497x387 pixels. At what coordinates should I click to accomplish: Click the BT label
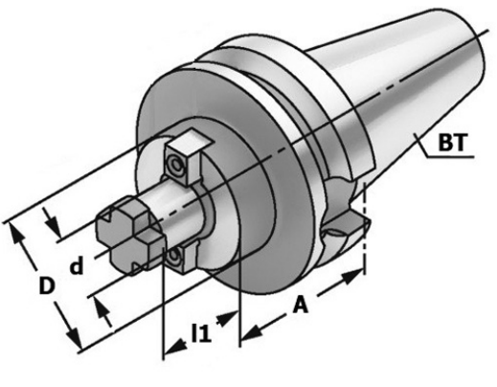coord(453,143)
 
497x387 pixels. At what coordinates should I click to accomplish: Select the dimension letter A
coord(301,305)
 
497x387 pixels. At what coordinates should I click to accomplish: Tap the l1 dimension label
coord(201,333)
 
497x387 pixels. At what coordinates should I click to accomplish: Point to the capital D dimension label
coord(47,285)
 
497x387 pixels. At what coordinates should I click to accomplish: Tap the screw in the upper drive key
coord(176,165)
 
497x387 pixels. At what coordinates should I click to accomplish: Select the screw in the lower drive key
coord(174,257)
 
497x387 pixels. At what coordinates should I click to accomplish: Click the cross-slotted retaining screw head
coord(130,235)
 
